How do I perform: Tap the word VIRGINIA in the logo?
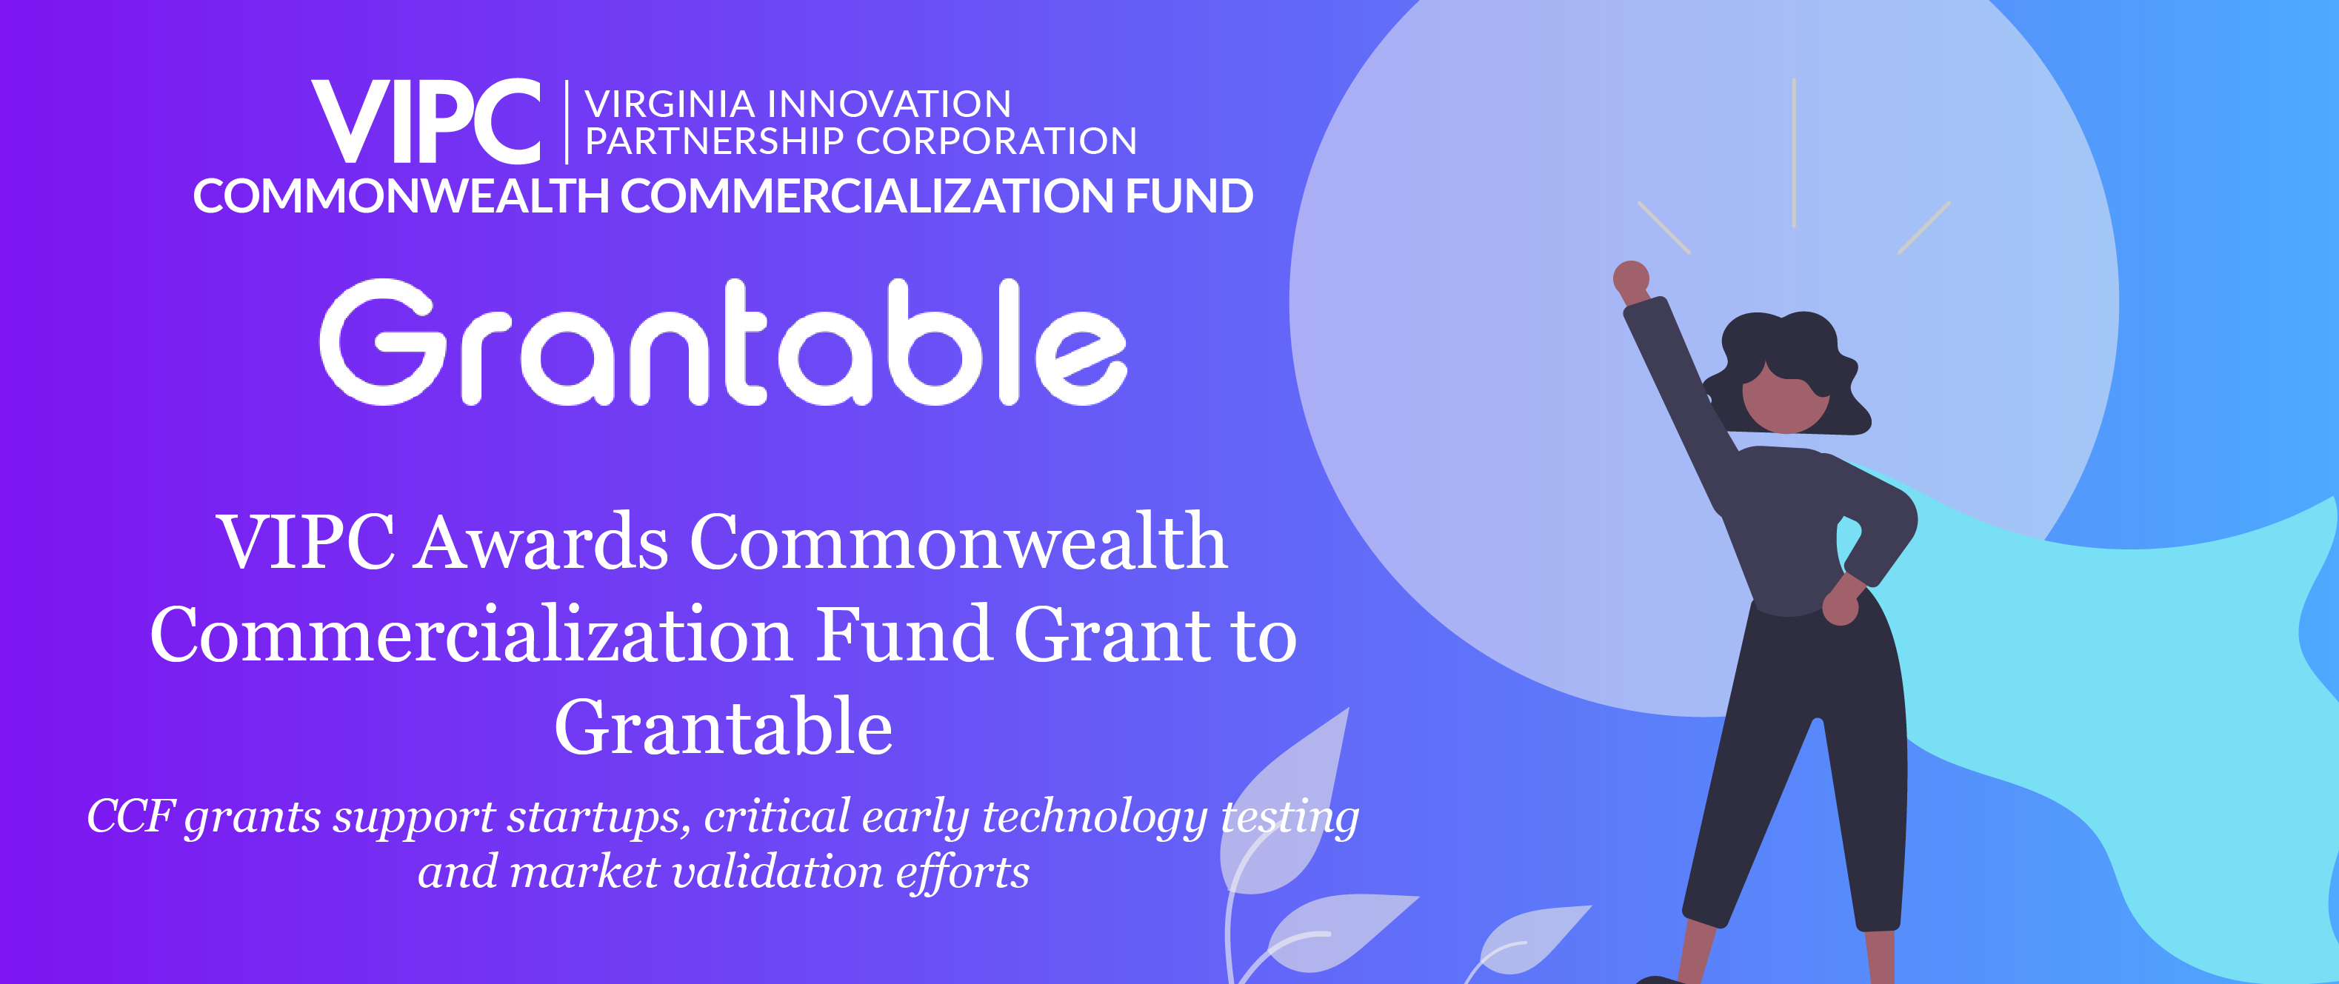pyautogui.click(x=670, y=104)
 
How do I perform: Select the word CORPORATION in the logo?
pyautogui.click(x=996, y=141)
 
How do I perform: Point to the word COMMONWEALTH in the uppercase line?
pyautogui.click(x=401, y=196)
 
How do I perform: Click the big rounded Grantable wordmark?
pyautogui.click(x=723, y=341)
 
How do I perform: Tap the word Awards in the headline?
pyautogui.click(x=541, y=543)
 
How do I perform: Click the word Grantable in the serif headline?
pyautogui.click(x=724, y=728)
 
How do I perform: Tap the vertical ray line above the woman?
pyautogui.click(x=1794, y=153)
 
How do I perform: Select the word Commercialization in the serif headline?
pyautogui.click(x=470, y=635)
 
